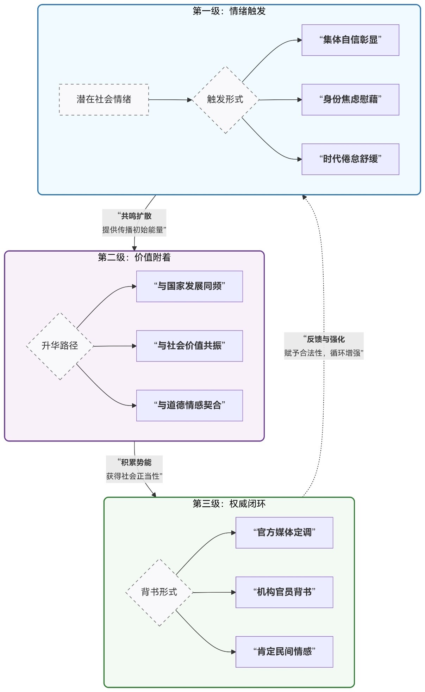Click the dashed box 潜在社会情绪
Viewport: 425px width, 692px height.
[104, 99]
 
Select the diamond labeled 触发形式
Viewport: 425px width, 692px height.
[225, 100]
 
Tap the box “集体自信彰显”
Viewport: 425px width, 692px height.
[350, 40]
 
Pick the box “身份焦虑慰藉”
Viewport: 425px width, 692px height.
[350, 99]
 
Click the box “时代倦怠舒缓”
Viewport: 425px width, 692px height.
[350, 159]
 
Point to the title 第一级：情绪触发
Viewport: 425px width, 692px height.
[229, 11]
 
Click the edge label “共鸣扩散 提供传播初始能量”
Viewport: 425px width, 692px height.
[134, 223]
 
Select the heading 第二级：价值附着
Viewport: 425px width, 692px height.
[134, 258]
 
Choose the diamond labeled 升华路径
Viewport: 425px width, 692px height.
[60, 346]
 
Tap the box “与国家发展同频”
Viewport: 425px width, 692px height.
[189, 286]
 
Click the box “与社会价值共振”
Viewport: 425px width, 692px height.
[189, 346]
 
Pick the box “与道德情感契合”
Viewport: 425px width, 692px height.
[189, 405]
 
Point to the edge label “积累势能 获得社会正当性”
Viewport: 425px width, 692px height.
[134, 469]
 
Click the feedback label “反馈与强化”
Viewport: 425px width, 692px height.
[324, 339]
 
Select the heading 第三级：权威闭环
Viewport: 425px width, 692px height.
[229, 504]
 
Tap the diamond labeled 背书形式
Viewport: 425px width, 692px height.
[159, 592]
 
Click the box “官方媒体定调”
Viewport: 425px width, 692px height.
[284, 532]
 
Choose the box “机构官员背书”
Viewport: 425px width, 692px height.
[284, 592]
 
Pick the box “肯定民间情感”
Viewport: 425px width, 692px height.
[284, 651]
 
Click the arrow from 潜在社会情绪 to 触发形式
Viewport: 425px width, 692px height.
[171, 100]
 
